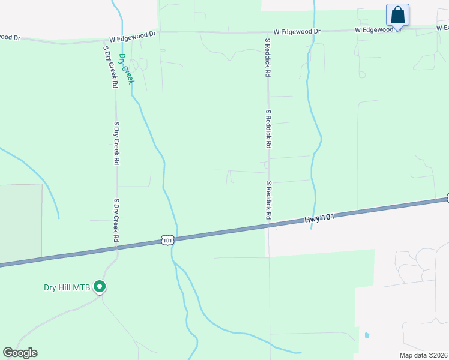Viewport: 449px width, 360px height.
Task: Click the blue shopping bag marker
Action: click(x=397, y=14)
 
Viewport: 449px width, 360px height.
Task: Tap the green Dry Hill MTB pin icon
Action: click(x=100, y=287)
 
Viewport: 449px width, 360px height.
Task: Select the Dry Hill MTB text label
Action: click(x=67, y=287)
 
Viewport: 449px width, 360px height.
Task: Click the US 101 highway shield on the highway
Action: click(x=168, y=240)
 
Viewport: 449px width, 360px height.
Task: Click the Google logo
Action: click(x=20, y=353)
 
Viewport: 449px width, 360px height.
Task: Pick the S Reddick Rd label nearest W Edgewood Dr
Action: click(x=268, y=58)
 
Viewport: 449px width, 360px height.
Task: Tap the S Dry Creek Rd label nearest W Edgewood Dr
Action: click(x=110, y=67)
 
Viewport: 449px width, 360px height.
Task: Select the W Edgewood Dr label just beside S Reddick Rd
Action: click(x=297, y=31)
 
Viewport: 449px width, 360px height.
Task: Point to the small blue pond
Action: click(x=366, y=335)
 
